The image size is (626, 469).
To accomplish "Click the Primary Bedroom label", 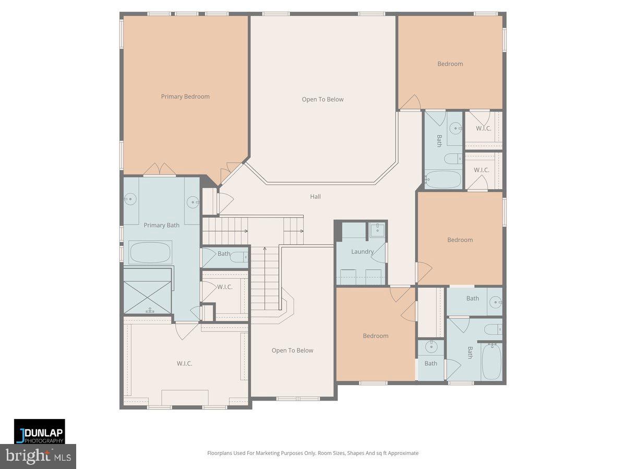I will click(x=185, y=96).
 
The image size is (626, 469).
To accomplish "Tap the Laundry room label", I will click(x=362, y=252).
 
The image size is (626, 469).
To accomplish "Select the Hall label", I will click(x=315, y=196).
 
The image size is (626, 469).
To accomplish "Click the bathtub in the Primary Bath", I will click(x=150, y=252).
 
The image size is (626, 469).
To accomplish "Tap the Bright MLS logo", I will click(x=38, y=456).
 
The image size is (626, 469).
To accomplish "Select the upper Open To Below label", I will click(x=322, y=99).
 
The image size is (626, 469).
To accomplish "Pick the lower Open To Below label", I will click(x=292, y=350).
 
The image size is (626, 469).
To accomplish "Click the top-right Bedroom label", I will click(x=450, y=64).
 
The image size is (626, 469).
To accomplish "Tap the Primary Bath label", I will click(x=161, y=225).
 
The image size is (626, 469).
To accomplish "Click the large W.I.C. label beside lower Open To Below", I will click(x=184, y=363).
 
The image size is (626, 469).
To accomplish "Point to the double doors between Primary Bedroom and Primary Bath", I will click(x=159, y=170).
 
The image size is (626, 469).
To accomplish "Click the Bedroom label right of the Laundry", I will click(x=460, y=240).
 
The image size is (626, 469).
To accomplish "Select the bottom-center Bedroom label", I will click(x=376, y=336).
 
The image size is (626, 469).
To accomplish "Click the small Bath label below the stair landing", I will click(x=224, y=254).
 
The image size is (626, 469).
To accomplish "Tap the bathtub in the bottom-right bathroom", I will click(x=491, y=361).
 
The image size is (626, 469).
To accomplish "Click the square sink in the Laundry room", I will click(x=376, y=229).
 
